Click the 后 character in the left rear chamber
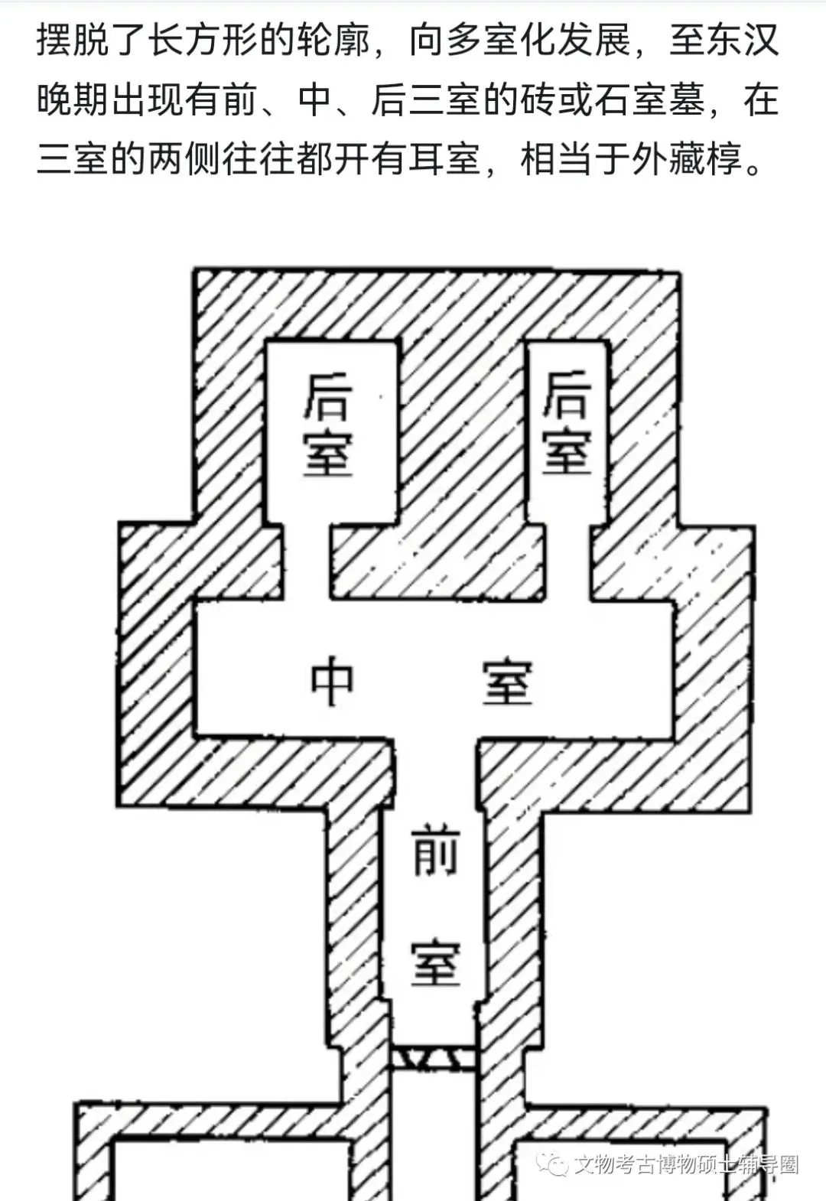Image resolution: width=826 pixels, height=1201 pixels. coord(328,397)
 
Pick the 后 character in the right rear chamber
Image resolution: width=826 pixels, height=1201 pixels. coord(567,395)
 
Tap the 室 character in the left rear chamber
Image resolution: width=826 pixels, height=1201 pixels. coord(328,453)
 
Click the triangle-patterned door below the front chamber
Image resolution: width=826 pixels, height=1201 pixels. coord(434,1059)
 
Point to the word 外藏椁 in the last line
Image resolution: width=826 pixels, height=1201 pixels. coord(686,160)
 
